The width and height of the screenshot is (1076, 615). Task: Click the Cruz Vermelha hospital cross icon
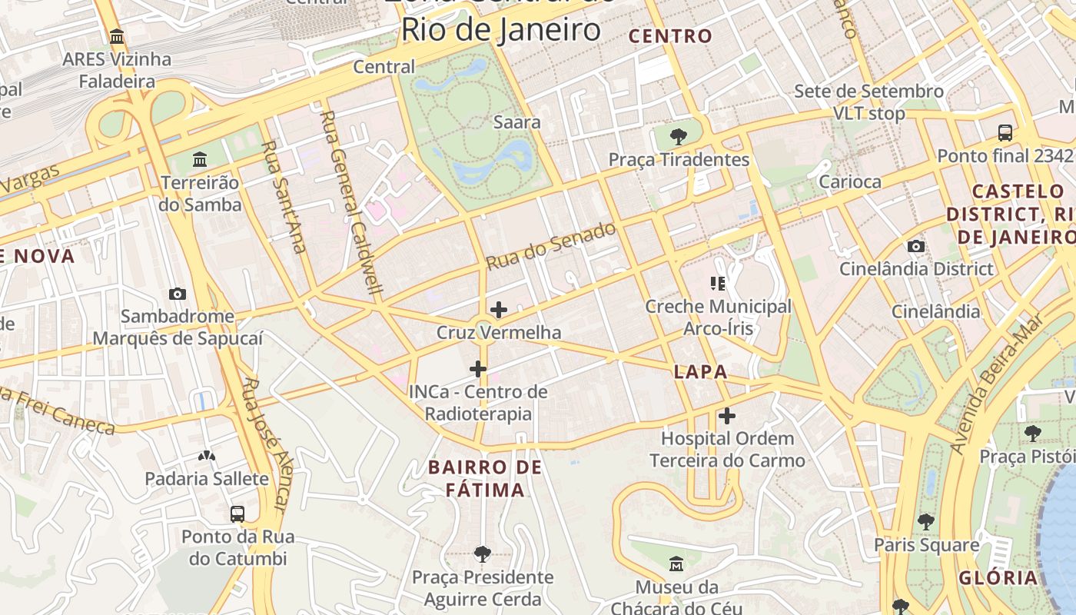tap(498, 310)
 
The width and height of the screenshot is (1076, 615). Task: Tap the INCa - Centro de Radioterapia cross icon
tap(478, 369)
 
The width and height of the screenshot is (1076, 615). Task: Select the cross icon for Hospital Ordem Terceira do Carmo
tap(727, 417)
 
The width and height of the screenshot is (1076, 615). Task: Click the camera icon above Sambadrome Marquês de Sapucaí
tap(178, 294)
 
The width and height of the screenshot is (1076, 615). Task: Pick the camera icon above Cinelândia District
tap(915, 246)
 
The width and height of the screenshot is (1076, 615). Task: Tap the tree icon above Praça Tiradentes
tap(678, 137)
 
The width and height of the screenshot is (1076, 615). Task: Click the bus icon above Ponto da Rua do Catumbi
tap(237, 514)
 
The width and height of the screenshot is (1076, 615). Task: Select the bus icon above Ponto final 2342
tap(1005, 132)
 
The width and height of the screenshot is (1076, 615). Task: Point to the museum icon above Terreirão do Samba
tap(200, 159)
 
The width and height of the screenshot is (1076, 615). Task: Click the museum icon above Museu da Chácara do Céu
tap(676, 564)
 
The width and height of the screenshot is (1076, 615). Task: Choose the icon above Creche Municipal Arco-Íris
tap(718, 284)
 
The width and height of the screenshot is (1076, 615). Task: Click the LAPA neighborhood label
tap(700, 372)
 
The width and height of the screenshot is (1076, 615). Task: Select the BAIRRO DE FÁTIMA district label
tap(485, 478)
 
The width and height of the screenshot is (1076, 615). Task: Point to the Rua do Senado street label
tap(550, 246)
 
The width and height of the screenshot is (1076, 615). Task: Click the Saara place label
tap(516, 122)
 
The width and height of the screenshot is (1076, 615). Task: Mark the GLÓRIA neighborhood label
tap(997, 578)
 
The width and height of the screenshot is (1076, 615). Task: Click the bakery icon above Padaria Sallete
tap(207, 455)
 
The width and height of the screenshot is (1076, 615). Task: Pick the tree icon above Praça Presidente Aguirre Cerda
tap(483, 553)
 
